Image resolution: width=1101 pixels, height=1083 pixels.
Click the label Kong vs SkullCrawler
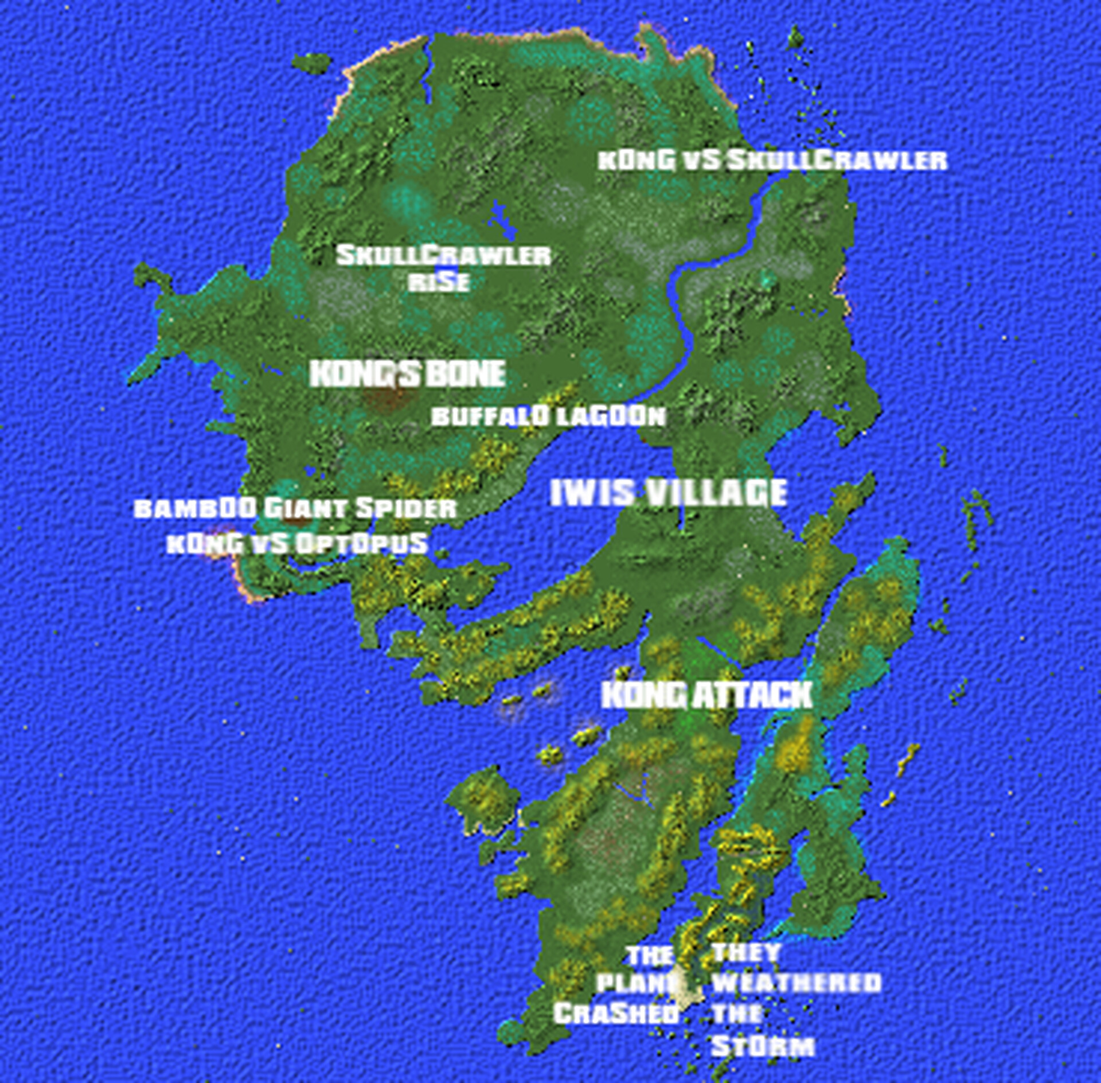click(772, 161)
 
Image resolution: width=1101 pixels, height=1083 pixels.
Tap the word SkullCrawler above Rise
click(443, 256)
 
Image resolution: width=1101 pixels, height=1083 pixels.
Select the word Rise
click(439, 282)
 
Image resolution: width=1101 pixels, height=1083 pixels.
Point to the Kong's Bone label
click(407, 374)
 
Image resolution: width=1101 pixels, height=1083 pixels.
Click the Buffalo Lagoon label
click(548, 416)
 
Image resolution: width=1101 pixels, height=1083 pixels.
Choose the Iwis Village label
click(669, 493)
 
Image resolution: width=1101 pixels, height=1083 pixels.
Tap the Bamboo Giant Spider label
click(295, 508)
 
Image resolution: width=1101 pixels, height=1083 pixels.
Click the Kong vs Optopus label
click(297, 543)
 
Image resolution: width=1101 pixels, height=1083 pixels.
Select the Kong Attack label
click(706, 695)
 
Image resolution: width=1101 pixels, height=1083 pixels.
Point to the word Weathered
click(796, 983)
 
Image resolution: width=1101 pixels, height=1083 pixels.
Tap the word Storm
click(763, 1046)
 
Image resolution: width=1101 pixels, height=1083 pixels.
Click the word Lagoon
click(612, 416)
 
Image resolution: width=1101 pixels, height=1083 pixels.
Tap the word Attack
click(752, 695)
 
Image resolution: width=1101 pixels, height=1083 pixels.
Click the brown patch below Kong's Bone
click(385, 399)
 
